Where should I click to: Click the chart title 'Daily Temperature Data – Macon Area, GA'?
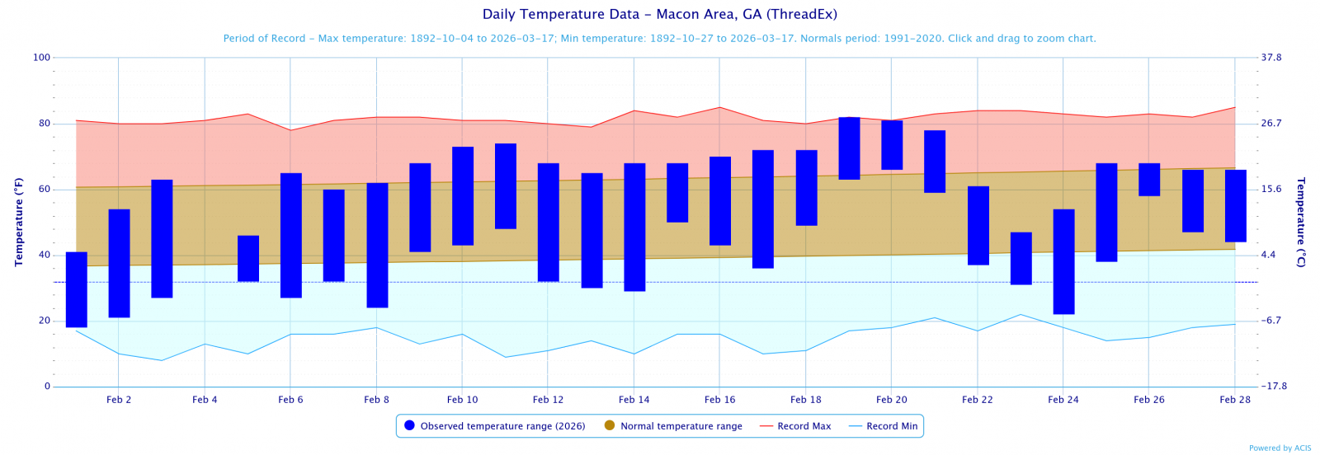tap(659, 15)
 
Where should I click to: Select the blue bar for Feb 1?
tap(77, 289)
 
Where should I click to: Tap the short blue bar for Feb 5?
tap(248, 258)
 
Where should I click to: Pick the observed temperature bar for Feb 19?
tap(849, 148)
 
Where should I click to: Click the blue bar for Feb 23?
tap(1021, 258)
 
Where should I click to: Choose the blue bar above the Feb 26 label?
tap(1149, 179)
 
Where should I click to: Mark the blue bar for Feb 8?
tap(377, 245)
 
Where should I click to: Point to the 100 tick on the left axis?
tap(41, 58)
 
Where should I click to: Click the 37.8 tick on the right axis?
tap(1271, 58)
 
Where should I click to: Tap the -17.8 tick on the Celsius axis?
tap(1274, 386)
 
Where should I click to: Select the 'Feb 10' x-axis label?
tap(462, 400)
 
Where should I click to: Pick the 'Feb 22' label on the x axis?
tap(977, 400)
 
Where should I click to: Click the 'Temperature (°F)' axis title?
tap(18, 222)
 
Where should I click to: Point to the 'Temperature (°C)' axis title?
tap(1301, 222)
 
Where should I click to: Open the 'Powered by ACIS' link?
tap(1280, 448)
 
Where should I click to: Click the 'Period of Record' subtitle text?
tap(659, 39)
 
